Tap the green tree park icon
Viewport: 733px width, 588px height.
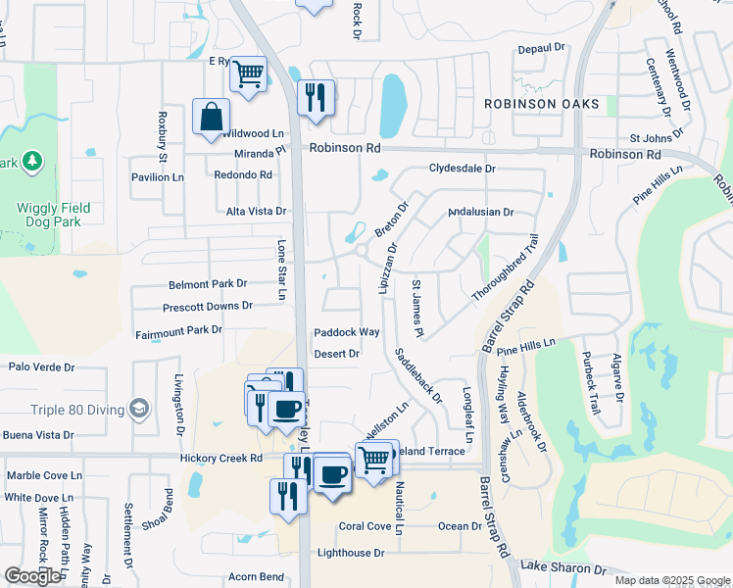coord(31,160)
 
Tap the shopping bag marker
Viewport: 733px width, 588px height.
coord(212,118)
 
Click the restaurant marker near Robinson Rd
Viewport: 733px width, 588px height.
coord(316,98)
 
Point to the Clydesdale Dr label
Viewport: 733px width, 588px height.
coord(462,169)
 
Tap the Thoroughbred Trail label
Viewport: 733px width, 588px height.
coord(506,269)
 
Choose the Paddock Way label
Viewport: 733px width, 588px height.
coord(346,332)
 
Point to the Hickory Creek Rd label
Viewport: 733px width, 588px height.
coord(221,458)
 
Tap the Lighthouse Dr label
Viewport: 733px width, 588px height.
coord(351,553)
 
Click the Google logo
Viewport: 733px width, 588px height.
coord(32,576)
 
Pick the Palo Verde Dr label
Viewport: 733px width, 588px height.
coord(41,367)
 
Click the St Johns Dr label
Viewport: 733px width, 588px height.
coord(662,138)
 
